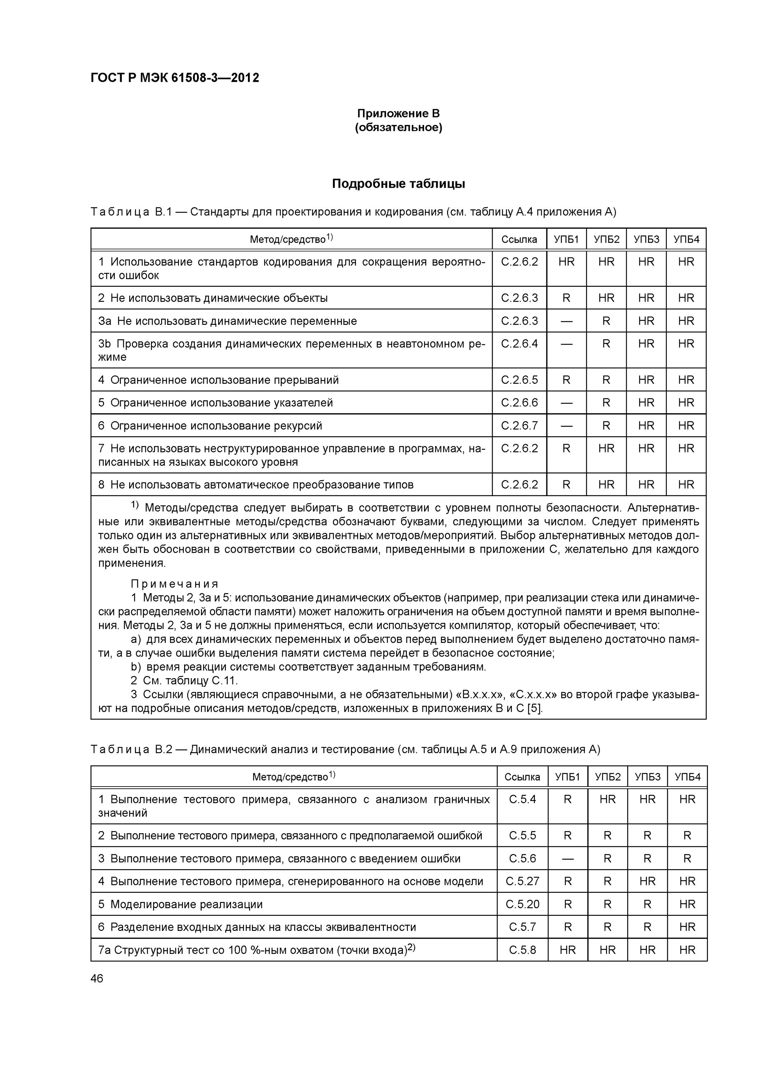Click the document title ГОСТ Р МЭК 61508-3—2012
174,78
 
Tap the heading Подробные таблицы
398,184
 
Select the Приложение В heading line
398,113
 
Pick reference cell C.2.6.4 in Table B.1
519,344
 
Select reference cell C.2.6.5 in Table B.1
519,380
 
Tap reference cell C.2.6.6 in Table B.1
519,402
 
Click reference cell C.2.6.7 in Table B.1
519,425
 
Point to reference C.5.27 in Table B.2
522,881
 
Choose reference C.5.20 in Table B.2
522,904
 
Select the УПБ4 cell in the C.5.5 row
687,835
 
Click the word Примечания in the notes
174,584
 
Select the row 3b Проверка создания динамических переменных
291,350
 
